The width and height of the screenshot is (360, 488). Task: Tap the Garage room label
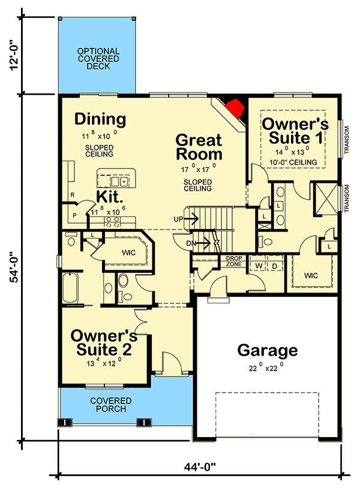267,350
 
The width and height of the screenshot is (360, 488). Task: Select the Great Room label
198,148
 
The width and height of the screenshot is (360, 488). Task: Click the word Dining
100,119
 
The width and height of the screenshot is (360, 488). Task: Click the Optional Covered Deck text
98,59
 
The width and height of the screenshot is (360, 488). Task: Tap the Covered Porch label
109,405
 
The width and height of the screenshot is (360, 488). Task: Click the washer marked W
258,264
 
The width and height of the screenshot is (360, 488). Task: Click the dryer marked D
274,264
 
